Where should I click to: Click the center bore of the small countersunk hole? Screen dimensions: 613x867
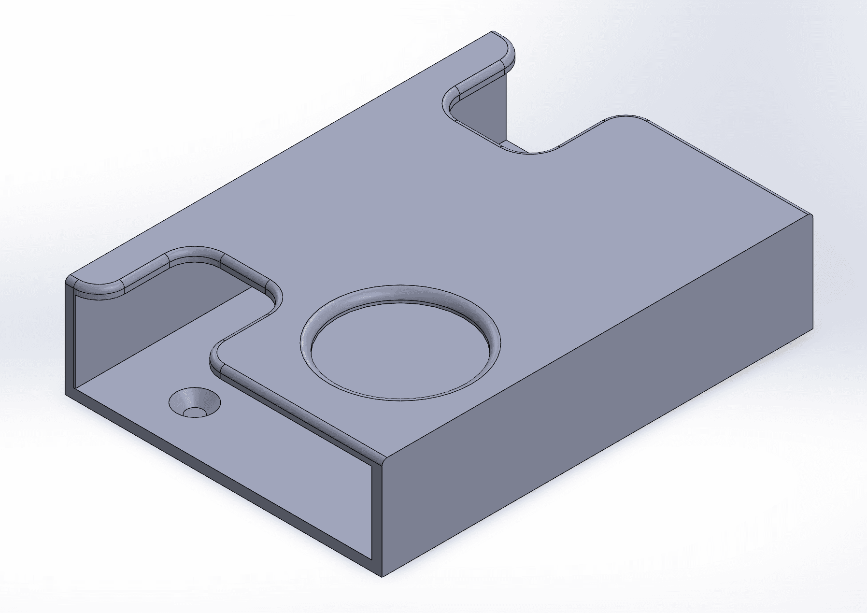[195, 412]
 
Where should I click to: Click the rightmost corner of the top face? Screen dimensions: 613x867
[811, 215]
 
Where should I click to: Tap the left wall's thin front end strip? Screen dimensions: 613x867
[70, 338]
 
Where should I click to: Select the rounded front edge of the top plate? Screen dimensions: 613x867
[299, 415]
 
